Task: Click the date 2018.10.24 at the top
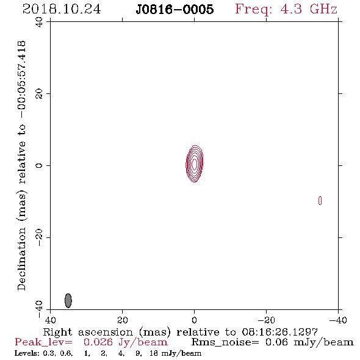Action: [x=62, y=9]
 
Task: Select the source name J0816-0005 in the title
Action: [x=175, y=9]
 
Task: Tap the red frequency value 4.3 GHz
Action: [x=309, y=9]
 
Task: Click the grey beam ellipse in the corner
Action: [x=68, y=300]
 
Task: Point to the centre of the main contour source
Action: [x=195, y=164]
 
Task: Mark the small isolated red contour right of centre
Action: [x=320, y=200]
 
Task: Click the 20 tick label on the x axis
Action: [x=122, y=320]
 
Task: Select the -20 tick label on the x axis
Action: [x=266, y=320]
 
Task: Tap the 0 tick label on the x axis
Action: [x=194, y=320]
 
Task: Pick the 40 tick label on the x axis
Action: [x=50, y=320]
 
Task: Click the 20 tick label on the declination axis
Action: [x=39, y=94]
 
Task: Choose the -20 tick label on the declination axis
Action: [x=39, y=237]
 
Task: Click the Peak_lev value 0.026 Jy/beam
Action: [x=126, y=342]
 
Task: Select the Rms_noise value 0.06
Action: [x=276, y=342]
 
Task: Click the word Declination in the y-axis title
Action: [x=21, y=259]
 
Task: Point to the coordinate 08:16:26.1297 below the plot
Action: [x=279, y=332]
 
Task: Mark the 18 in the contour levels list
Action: [x=153, y=353]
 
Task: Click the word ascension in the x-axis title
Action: [x=106, y=332]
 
